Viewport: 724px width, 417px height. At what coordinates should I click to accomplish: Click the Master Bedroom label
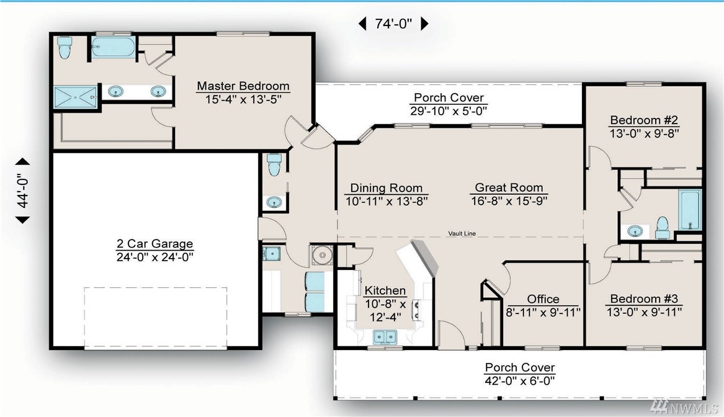pyautogui.click(x=243, y=86)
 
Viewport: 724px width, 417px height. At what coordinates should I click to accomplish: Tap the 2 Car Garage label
pyautogui.click(x=154, y=244)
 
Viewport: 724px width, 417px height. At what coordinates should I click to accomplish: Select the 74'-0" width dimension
pyautogui.click(x=393, y=24)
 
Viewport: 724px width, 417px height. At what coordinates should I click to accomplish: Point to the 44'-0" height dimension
pyautogui.click(x=22, y=191)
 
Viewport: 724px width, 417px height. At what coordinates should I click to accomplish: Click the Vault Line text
pyautogui.click(x=462, y=234)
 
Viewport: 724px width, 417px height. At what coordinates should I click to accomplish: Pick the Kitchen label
pyautogui.click(x=385, y=290)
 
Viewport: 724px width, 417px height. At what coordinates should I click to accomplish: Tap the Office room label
pyautogui.click(x=543, y=299)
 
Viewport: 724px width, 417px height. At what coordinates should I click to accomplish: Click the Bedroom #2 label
pyautogui.click(x=644, y=120)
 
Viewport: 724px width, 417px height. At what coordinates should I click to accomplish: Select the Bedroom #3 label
pyautogui.click(x=644, y=298)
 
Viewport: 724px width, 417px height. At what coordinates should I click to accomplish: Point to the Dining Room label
pyautogui.click(x=387, y=188)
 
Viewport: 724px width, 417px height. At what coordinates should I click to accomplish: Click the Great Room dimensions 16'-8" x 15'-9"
pyautogui.click(x=509, y=201)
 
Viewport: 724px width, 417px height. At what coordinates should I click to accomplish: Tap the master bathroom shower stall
pyautogui.click(x=75, y=97)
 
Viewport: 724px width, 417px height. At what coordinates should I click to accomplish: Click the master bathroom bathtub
pyautogui.click(x=113, y=48)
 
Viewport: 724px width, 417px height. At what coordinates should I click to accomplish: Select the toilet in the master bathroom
pyautogui.click(x=64, y=48)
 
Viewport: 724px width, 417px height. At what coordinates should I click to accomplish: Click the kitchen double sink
pyautogui.click(x=385, y=337)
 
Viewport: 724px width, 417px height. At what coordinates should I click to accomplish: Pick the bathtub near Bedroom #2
pyautogui.click(x=690, y=210)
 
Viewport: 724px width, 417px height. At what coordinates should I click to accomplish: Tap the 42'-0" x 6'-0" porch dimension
pyautogui.click(x=519, y=381)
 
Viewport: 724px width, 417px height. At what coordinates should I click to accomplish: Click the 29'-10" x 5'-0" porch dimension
pyautogui.click(x=449, y=111)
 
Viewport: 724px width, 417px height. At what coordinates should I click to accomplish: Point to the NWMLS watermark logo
pyautogui.click(x=684, y=406)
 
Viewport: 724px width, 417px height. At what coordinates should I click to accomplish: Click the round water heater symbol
pyautogui.click(x=321, y=254)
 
